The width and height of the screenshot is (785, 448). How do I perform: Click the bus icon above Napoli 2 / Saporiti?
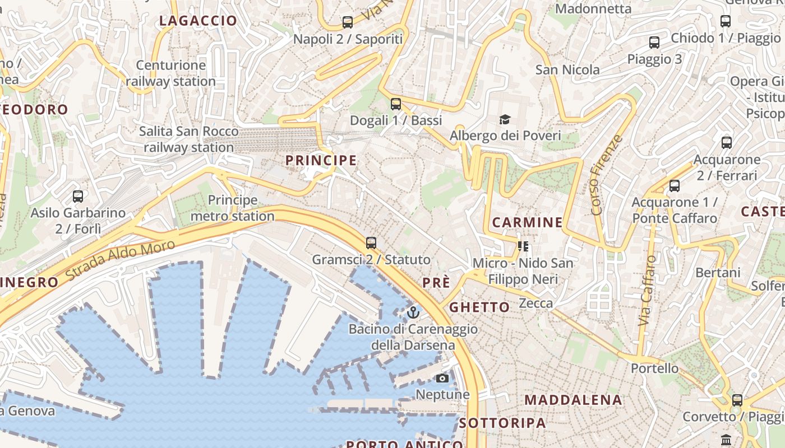[348, 22]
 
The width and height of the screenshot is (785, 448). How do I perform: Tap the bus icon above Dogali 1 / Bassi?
[396, 104]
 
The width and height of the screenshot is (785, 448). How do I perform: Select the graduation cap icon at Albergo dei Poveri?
[505, 119]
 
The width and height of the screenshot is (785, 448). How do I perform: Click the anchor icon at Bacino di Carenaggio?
[413, 312]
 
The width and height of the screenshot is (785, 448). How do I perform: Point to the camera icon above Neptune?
[442, 378]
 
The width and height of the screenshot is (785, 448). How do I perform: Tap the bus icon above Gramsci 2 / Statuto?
[371, 243]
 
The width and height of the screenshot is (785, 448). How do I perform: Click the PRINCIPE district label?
[321, 161]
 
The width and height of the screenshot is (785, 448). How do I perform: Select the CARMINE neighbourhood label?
[527, 222]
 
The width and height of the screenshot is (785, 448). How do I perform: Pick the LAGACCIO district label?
[198, 21]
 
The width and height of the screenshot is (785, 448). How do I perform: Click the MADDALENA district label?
[573, 400]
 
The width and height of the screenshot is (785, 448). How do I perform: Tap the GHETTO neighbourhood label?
[479, 307]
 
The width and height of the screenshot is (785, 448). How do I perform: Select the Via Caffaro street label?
[647, 291]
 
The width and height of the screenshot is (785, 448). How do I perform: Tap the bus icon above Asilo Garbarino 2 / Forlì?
[78, 197]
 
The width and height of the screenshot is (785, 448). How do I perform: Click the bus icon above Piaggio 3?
[654, 43]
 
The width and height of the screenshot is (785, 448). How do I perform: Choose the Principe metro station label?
[233, 208]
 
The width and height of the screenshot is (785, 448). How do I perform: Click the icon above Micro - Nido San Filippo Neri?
[523, 246]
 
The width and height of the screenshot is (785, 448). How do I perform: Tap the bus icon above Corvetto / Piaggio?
[737, 400]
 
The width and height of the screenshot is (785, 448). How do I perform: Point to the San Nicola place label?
[567, 70]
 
